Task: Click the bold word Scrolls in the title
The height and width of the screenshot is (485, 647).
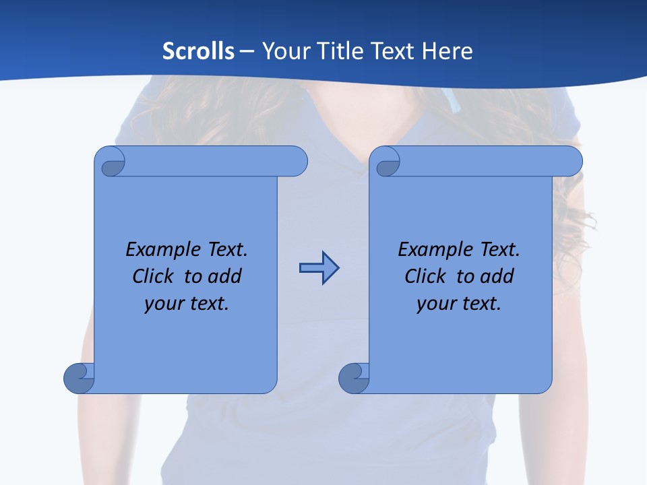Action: click(199, 51)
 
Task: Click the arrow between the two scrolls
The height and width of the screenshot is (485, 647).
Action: click(319, 268)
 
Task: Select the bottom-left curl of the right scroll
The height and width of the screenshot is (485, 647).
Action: click(354, 378)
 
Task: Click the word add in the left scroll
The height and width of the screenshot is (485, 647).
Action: click(224, 276)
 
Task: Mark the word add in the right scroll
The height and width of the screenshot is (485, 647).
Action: click(497, 276)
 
